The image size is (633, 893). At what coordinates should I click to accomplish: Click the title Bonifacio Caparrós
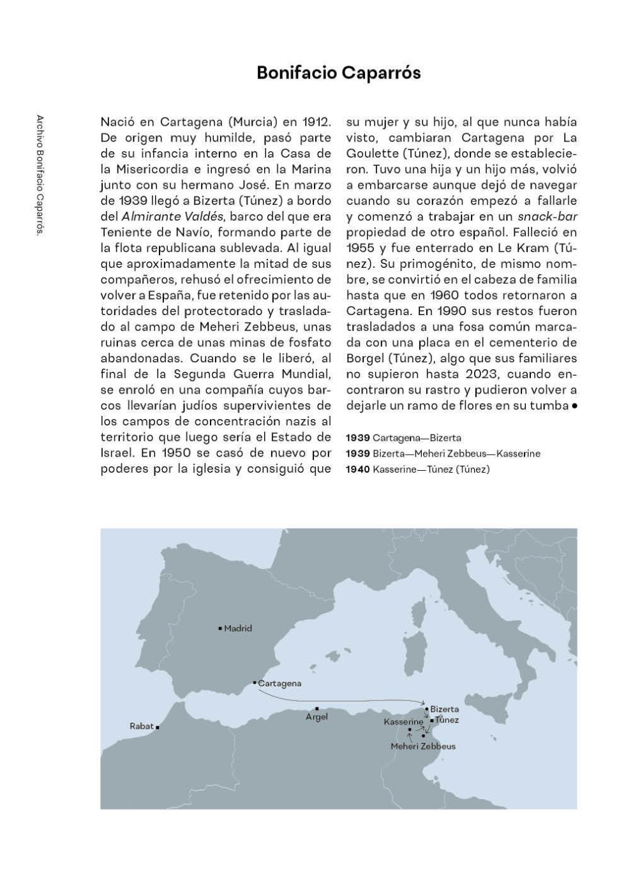coord(338,73)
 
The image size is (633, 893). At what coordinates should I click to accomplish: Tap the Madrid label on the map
coord(238,628)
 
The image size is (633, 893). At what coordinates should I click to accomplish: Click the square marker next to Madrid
coord(220,628)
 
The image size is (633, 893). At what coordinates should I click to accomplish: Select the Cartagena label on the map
coord(279,683)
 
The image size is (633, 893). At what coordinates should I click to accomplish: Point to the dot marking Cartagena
coord(255,683)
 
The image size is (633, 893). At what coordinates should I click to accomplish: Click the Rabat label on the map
coord(142,726)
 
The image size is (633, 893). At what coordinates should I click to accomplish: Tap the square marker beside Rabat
coord(158,727)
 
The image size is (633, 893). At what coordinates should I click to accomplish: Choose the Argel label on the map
coord(316,717)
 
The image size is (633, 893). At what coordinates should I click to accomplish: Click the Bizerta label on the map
coord(444,709)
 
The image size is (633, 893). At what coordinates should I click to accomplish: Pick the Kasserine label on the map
coord(403,721)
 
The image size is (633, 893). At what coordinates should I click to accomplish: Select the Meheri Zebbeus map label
coord(423,746)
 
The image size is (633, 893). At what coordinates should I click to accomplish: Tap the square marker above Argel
coord(317,708)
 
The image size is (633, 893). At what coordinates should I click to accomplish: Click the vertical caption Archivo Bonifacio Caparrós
coord(40,176)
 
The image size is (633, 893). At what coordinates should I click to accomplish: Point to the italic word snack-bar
coord(547,216)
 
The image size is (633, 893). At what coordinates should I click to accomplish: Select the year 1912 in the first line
coord(316,122)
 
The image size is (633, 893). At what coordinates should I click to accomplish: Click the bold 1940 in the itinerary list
coord(357,469)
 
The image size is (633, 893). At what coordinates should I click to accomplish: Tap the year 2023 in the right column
coord(518,374)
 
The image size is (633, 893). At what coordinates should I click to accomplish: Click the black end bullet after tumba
coord(574,406)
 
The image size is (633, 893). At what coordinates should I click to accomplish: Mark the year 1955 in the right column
coord(361,247)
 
